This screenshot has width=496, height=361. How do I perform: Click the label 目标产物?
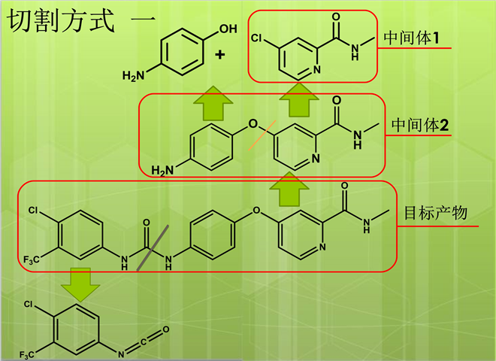pyautogui.click(x=436, y=213)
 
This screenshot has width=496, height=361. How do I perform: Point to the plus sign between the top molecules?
pyautogui.click(x=220, y=54)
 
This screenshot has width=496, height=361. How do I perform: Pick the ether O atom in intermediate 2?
pyautogui.click(x=252, y=123)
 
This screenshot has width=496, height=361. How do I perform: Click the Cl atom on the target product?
pyautogui.click(x=34, y=211)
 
